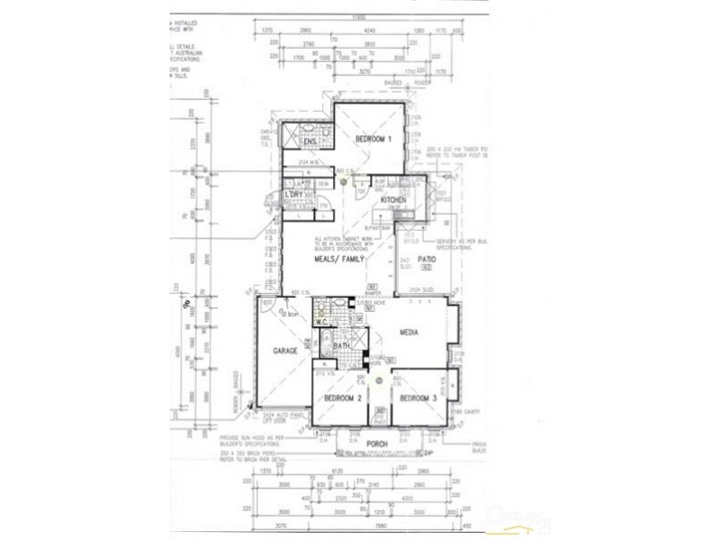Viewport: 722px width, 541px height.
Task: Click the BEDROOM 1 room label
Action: [373, 139]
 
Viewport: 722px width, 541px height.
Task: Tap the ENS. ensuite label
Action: [309, 142]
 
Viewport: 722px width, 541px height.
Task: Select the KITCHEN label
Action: [393, 199]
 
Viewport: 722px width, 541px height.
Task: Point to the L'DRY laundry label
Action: [292, 195]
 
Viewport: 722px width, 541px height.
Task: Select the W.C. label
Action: [321, 322]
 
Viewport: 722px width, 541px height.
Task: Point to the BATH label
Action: [341, 345]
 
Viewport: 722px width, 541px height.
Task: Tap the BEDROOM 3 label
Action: [418, 398]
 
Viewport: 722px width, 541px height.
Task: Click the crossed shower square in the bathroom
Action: [358, 339]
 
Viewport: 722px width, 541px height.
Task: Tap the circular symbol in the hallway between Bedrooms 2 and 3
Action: [379, 379]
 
